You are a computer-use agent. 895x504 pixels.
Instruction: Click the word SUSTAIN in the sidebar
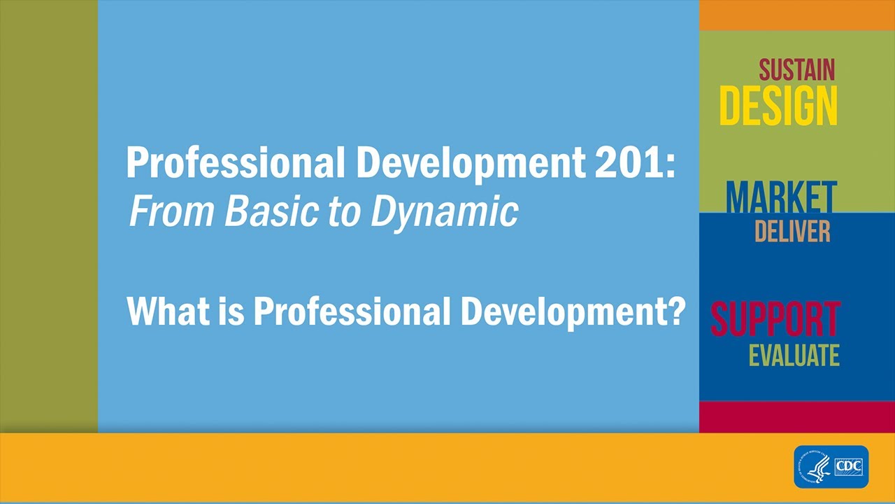coord(796,70)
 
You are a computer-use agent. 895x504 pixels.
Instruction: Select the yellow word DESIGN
coord(778,106)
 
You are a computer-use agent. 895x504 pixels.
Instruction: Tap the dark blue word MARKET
coord(781,197)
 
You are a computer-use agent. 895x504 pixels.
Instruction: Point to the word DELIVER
coord(792,231)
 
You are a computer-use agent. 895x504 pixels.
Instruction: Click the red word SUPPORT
coord(775,320)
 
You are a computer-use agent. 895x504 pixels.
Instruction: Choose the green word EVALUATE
coord(794,356)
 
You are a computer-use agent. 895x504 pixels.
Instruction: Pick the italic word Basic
coord(271,211)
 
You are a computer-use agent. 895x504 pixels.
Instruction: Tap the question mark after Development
coord(675,310)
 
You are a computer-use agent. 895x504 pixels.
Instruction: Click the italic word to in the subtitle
coord(343,211)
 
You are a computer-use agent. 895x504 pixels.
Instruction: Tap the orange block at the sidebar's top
coord(797,15)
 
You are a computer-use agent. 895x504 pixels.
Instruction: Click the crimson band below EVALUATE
coord(797,416)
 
